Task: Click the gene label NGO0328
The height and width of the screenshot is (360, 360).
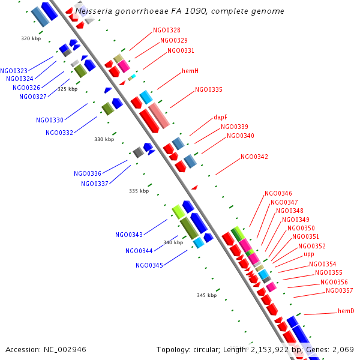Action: point(166,30)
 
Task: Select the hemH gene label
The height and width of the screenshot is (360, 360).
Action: point(190,71)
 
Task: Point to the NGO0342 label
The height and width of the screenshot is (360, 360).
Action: point(254,157)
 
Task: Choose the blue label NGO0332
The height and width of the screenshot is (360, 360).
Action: point(59,133)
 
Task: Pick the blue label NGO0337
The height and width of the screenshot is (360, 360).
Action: point(94,184)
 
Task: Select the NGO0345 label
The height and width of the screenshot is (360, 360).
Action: point(149,265)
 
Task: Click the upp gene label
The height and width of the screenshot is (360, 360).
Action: point(308,254)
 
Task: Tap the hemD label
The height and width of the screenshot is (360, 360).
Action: point(346,311)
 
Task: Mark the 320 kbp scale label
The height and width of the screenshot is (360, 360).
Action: point(31,38)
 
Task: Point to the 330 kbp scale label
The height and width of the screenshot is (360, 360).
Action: point(104,139)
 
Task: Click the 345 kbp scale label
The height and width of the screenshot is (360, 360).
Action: point(206,295)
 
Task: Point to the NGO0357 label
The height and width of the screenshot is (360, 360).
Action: point(340,291)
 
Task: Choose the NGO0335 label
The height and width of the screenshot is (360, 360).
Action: point(208,90)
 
